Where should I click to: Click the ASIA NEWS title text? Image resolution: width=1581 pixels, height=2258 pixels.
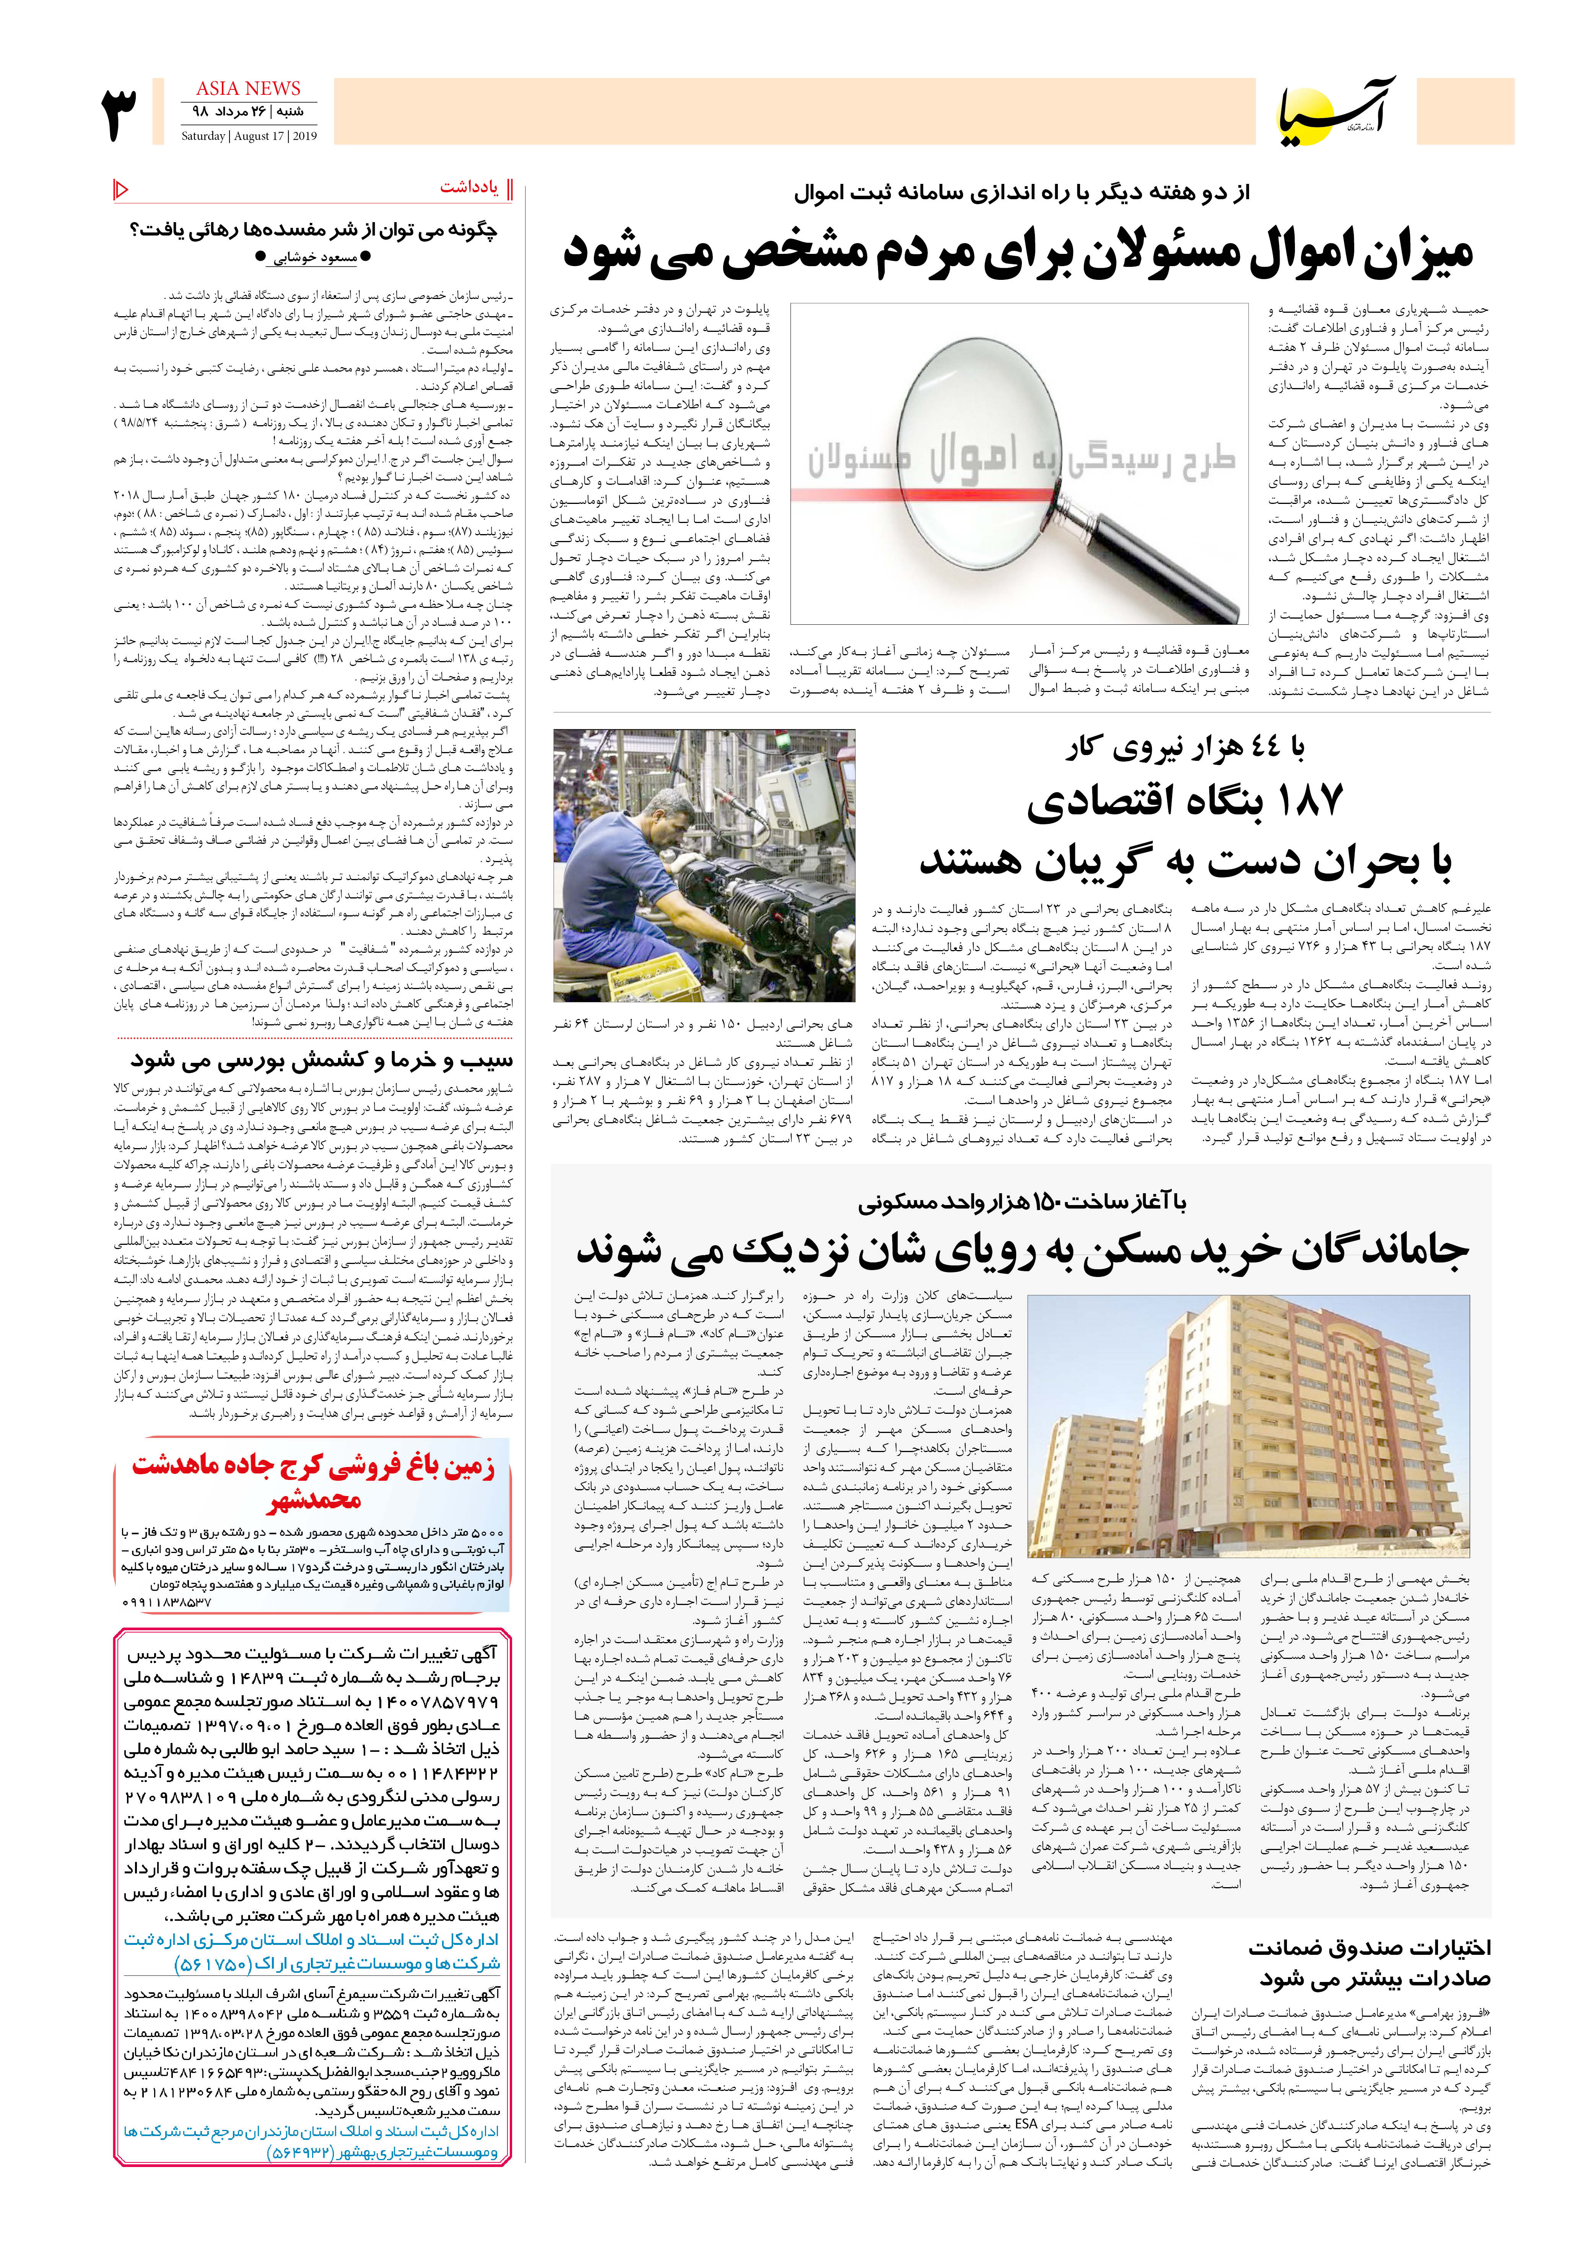[248, 89]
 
